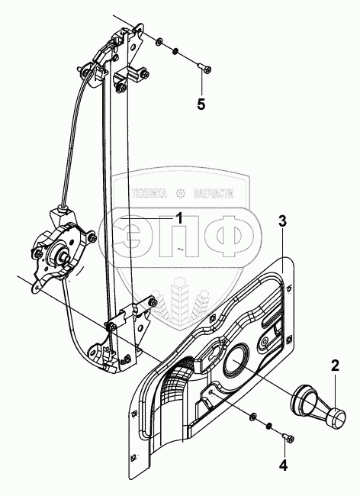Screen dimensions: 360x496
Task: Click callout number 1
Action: click(x=179, y=218)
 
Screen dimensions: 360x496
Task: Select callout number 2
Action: click(x=335, y=366)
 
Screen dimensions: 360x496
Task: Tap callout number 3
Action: click(x=282, y=221)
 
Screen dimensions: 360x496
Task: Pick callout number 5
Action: click(x=201, y=104)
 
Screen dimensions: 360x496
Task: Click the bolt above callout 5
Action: click(x=204, y=68)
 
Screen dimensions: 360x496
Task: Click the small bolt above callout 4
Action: click(x=288, y=437)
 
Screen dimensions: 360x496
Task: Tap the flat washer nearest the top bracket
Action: click(x=159, y=40)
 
